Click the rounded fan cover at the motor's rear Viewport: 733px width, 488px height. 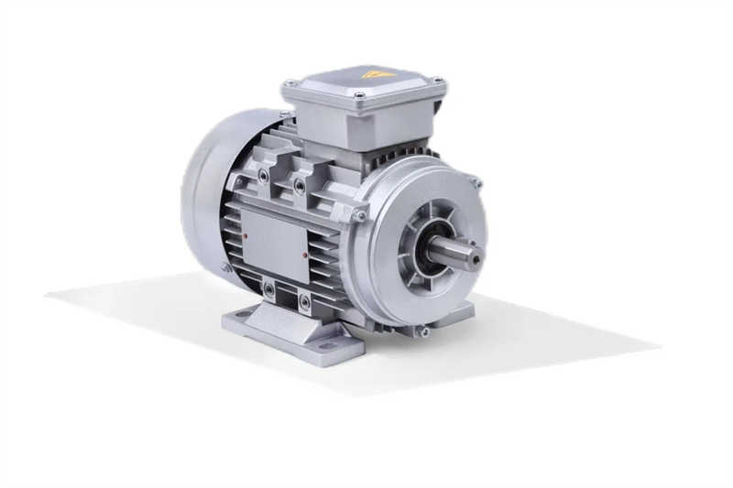pyautogui.click(x=206, y=197)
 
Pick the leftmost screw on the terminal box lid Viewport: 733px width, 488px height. pyautogui.click(x=291, y=83)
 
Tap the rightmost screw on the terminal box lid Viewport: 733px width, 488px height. pyautogui.click(x=437, y=81)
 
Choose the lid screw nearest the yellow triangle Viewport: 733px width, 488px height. pyautogui.click(x=360, y=95)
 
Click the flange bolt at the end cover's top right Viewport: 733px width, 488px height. pyautogui.click(x=476, y=182)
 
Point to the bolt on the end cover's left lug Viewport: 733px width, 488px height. pyautogui.click(x=359, y=215)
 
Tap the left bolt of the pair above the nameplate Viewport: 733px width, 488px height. pyautogui.click(x=264, y=174)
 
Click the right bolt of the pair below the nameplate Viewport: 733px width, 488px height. pyautogui.click(x=304, y=298)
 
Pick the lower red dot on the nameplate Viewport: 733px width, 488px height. pyautogui.click(x=304, y=259)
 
